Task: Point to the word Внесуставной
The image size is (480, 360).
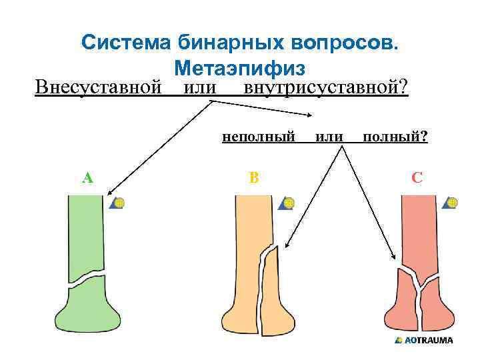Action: click(x=99, y=87)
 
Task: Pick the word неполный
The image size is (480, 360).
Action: click(x=258, y=137)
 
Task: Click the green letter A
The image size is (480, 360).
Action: click(x=87, y=177)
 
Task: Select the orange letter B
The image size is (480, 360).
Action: click(x=253, y=177)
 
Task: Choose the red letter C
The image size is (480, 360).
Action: click(x=417, y=177)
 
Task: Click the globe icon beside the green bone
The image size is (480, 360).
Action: click(x=119, y=202)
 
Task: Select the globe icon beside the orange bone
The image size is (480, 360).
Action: click(x=288, y=202)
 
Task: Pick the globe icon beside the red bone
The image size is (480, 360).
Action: click(x=451, y=202)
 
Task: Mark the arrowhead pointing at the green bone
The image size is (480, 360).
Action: click(x=108, y=192)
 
